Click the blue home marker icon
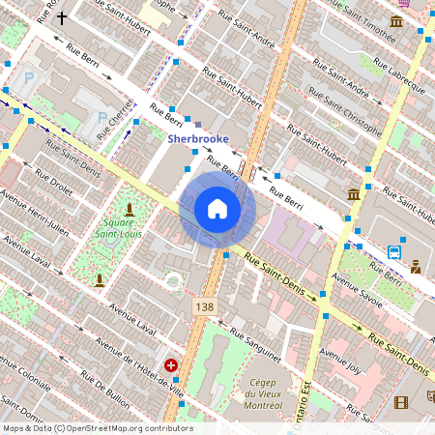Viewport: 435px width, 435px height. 217,209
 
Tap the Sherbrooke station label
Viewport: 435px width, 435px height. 198,138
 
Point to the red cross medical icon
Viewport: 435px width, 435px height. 171,365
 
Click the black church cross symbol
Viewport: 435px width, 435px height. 63,17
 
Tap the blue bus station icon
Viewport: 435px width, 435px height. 394,251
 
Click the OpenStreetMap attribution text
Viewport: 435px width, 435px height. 97,428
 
